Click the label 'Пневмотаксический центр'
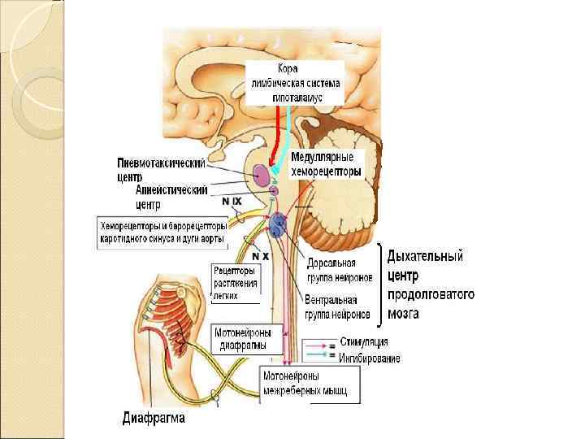click(x=160, y=170)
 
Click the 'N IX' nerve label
click(x=232, y=200)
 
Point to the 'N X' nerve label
click(x=262, y=257)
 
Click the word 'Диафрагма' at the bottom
click(x=154, y=419)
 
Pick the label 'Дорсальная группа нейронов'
click(x=340, y=271)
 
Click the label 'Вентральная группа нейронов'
click(x=337, y=307)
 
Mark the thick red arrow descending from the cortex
click(x=271, y=134)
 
